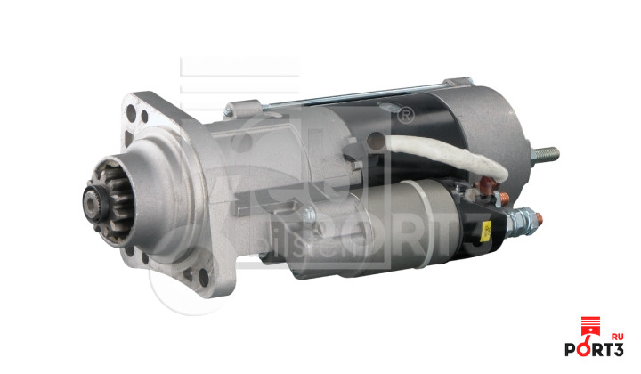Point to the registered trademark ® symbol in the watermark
tap(406, 115)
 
